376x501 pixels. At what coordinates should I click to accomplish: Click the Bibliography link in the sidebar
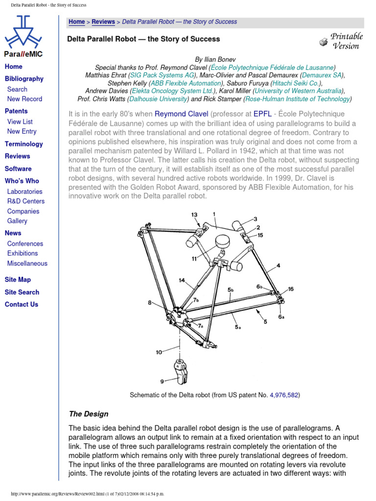tap(24, 79)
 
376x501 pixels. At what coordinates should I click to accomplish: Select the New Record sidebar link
tap(24, 99)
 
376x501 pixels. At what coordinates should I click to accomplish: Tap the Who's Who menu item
tap(22, 181)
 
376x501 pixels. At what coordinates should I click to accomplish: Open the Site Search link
tap(22, 292)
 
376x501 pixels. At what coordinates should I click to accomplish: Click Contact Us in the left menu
tap(22, 304)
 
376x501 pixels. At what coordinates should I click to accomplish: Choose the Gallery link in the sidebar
tap(17, 221)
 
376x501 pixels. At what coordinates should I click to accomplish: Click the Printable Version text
tap(346, 41)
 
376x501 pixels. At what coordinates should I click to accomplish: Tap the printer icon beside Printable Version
tap(323, 42)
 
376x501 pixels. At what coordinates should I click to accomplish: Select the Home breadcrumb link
tap(76, 22)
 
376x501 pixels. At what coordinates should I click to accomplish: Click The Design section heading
tap(89, 414)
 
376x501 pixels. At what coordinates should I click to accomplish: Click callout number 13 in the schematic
tap(194, 215)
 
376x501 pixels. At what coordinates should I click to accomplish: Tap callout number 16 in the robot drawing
tap(291, 289)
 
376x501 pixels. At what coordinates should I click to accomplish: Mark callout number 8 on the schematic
tap(150, 303)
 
